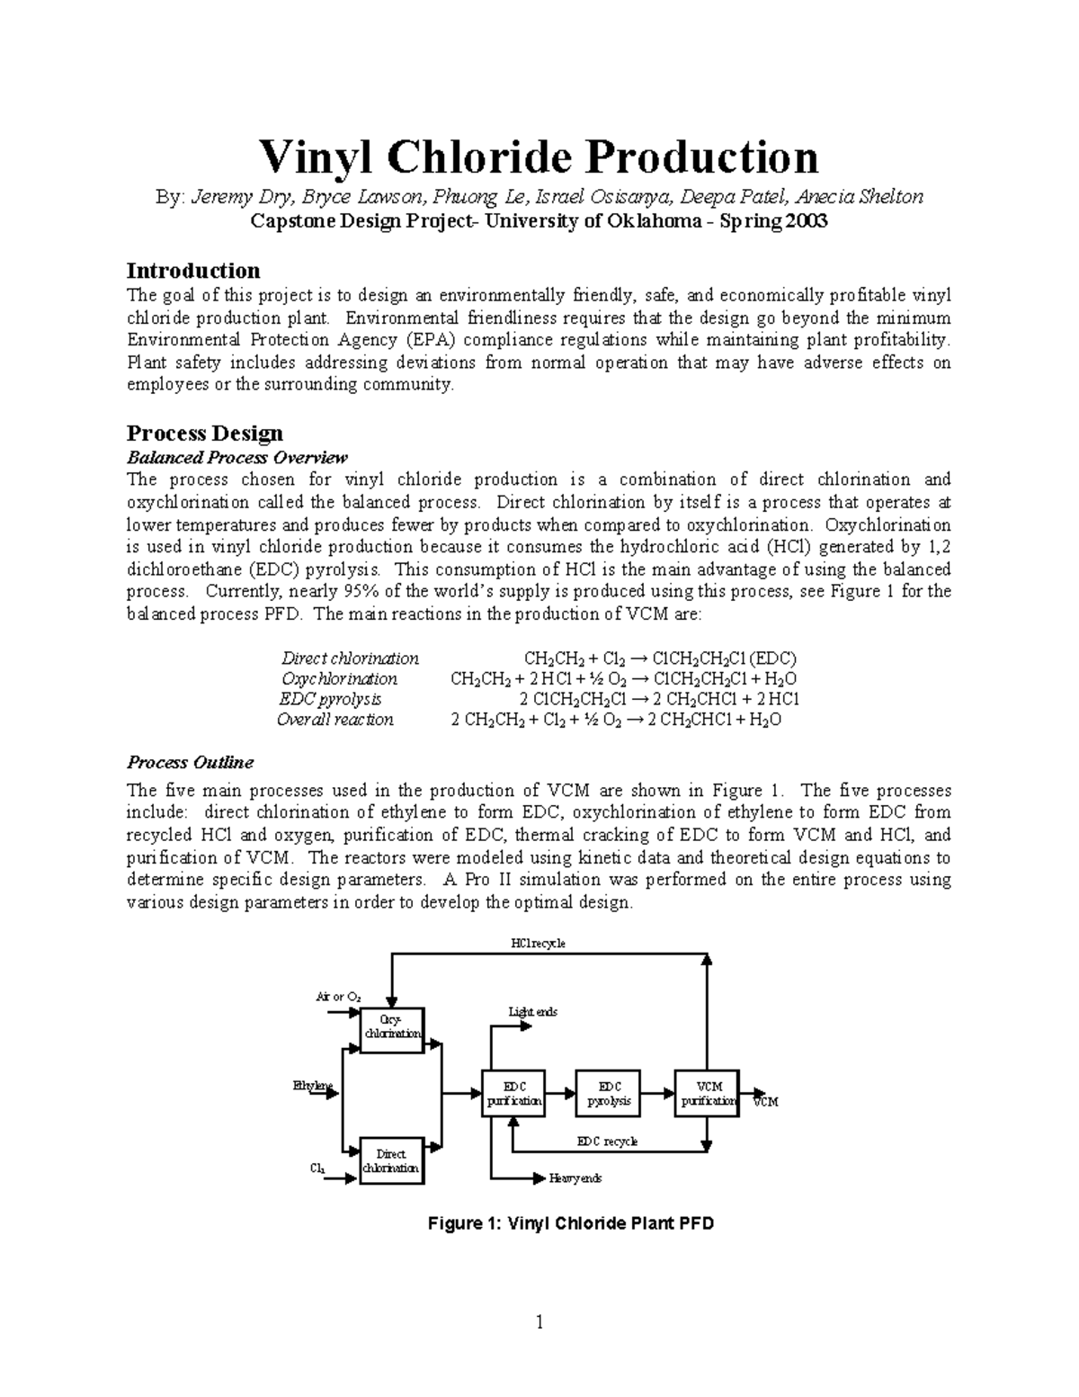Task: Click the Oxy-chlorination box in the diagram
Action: [391, 1026]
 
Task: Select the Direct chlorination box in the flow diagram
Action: [391, 1160]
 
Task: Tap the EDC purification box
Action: [513, 1093]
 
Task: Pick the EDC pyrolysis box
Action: [609, 1093]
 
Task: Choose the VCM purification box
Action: [707, 1093]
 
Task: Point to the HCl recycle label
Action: [538, 944]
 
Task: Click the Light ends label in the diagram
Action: [533, 1012]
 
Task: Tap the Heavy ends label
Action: [575, 1178]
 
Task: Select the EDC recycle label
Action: [607, 1141]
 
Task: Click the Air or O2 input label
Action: [338, 997]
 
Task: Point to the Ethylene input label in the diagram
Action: [313, 1086]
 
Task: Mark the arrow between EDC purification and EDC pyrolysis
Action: [560, 1093]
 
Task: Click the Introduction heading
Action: [193, 271]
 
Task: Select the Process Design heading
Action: [205, 433]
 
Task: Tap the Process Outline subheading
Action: [190, 762]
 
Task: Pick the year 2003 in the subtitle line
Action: [800, 221]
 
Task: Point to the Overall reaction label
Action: [335, 720]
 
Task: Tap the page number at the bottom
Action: [539, 1322]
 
